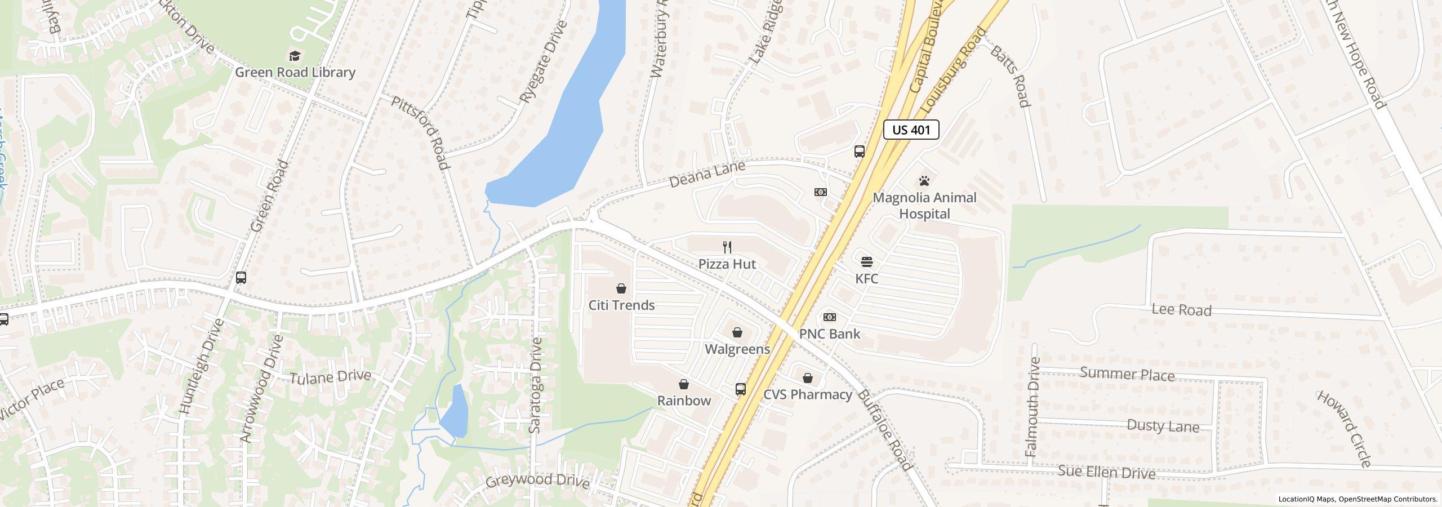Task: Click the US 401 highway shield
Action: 911,130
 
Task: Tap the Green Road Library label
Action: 295,72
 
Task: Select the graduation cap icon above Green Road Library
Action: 295,55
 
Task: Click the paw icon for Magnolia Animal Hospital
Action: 924,181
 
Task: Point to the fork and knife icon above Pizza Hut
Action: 727,247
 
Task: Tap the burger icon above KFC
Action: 866,261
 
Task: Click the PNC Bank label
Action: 830,333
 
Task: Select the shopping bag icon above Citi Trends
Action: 621,288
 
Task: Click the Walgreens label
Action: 737,349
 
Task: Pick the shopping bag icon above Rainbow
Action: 684,384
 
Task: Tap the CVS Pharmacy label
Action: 807,394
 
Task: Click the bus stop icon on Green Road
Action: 241,277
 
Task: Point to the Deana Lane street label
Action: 707,174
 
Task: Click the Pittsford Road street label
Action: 421,132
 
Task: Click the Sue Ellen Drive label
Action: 1106,472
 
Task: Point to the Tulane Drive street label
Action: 330,376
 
